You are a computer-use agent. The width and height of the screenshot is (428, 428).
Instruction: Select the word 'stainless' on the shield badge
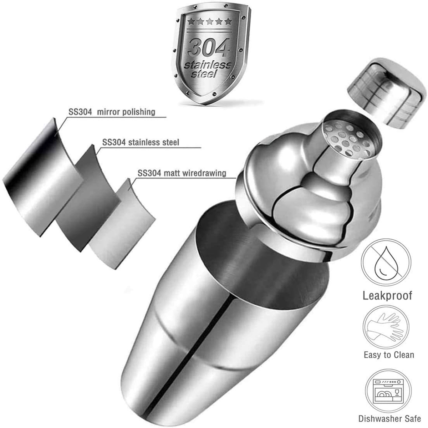(x=208, y=66)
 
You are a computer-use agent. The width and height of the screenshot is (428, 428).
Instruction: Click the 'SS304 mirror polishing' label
(x=112, y=112)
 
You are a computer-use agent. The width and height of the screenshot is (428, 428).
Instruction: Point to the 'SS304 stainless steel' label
(x=141, y=142)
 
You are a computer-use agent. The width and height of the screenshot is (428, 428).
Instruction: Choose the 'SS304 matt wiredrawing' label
(x=182, y=173)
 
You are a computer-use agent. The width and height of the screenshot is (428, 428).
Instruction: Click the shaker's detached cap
(x=383, y=93)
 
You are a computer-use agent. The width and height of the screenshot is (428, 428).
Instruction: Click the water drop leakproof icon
(x=384, y=262)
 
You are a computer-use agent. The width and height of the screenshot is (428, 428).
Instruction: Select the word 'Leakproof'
(x=387, y=295)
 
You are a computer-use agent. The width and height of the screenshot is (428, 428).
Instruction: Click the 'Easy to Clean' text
(x=389, y=355)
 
